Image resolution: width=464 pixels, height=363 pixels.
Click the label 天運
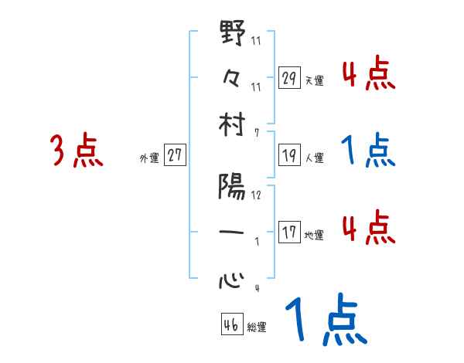[315, 80]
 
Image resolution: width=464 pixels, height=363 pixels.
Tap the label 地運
[315, 235]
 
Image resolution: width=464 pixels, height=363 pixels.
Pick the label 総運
[257, 327]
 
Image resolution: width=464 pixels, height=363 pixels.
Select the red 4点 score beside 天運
[369, 76]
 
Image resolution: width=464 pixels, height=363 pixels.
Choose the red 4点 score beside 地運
[369, 229]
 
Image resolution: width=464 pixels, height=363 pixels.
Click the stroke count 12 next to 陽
[256, 195]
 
